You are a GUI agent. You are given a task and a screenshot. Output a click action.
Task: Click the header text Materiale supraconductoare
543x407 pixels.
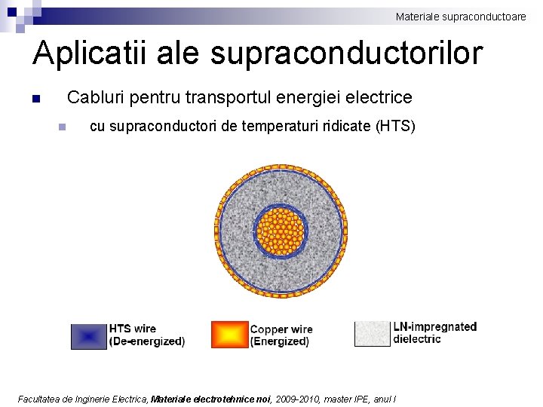pyautogui.click(x=461, y=16)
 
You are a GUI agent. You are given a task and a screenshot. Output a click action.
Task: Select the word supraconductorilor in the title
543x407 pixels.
pyautogui.click(x=346, y=54)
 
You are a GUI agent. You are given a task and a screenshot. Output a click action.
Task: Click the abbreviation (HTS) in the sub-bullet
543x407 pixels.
pyautogui.click(x=394, y=126)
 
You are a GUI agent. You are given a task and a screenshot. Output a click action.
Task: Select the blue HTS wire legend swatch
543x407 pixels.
pyautogui.click(x=89, y=335)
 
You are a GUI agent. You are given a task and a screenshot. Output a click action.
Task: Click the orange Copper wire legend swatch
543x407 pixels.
pyautogui.click(x=229, y=335)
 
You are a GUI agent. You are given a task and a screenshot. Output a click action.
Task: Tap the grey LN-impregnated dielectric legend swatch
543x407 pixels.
pyautogui.click(x=373, y=334)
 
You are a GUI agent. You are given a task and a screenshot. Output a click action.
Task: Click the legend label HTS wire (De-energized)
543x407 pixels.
pyautogui.click(x=146, y=335)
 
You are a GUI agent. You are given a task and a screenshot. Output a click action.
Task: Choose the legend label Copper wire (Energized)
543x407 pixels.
pyautogui.click(x=281, y=335)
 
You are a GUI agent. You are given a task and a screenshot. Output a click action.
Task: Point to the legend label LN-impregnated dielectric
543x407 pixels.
pyautogui.click(x=434, y=332)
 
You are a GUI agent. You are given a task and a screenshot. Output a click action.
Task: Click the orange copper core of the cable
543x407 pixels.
pyautogui.click(x=281, y=232)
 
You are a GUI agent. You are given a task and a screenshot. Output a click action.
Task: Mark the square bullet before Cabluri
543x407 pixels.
pyautogui.click(x=35, y=99)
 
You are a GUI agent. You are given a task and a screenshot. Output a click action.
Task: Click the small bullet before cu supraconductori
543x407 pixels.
pyautogui.click(x=63, y=127)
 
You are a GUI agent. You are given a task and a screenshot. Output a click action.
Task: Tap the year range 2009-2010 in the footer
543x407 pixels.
pyautogui.click(x=296, y=399)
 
